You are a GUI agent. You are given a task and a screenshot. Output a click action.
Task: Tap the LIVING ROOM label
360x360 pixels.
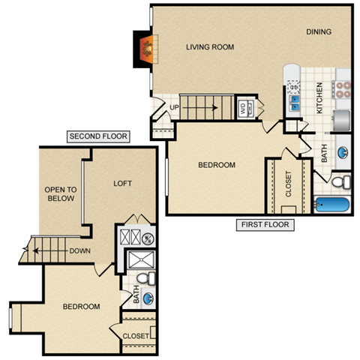click(x=210, y=47)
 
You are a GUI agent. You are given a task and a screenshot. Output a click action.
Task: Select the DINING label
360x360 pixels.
click(x=318, y=31)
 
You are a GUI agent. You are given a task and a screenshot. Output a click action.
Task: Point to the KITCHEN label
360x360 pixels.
click(x=319, y=97)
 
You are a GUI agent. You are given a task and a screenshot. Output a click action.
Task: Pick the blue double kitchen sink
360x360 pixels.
click(x=293, y=101)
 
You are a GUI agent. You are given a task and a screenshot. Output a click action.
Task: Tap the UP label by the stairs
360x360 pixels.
click(x=174, y=107)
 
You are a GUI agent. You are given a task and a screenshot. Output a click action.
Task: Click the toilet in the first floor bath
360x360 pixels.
click(x=340, y=181)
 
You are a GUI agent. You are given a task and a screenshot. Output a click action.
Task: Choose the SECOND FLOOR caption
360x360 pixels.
click(x=98, y=136)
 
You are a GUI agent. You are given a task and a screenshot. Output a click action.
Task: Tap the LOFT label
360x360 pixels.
click(x=123, y=183)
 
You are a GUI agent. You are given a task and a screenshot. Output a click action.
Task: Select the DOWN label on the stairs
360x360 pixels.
click(x=80, y=251)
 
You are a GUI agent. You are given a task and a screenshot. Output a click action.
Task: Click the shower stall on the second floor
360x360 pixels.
click(x=139, y=260)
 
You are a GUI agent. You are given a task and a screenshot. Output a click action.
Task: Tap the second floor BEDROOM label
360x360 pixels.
click(x=81, y=307)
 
